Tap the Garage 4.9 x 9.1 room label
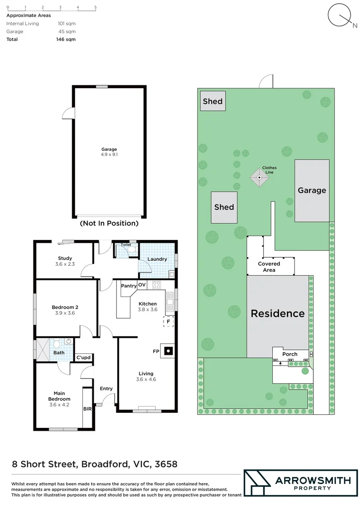[109, 152]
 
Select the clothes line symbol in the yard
[258, 178]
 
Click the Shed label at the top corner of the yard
[212, 101]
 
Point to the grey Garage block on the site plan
[311, 190]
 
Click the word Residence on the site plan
[278, 313]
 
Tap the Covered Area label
[269, 267]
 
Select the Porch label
[290, 354]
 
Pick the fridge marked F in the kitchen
[168, 322]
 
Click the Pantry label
[129, 286]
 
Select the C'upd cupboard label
[83, 358]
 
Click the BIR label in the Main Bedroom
[87, 409]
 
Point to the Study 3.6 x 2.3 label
[65, 261]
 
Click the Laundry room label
[157, 259]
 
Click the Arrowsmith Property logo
[300, 483]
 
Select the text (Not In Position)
[109, 223]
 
